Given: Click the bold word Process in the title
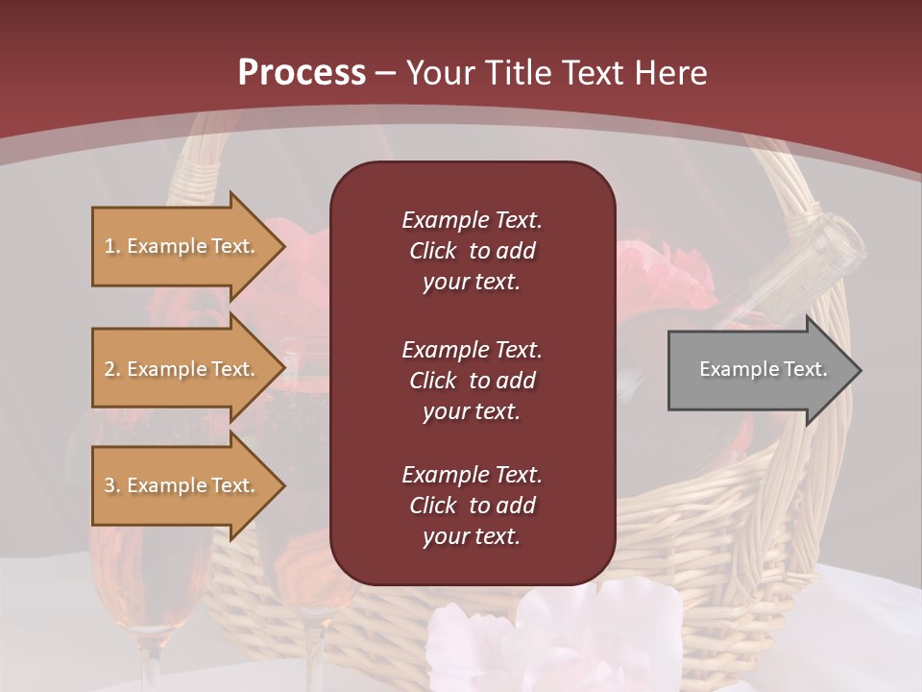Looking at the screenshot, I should [302, 72].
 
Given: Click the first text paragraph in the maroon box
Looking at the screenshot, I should [472, 250].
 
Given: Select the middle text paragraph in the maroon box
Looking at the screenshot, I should [472, 380].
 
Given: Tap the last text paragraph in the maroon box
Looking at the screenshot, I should [472, 506].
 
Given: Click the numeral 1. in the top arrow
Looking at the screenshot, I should [112, 246].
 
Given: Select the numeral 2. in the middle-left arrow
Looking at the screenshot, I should [112, 369].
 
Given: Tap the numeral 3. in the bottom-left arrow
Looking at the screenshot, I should [112, 485].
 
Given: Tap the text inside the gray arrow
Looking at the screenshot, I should [764, 369].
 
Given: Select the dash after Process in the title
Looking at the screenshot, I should [385, 73].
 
